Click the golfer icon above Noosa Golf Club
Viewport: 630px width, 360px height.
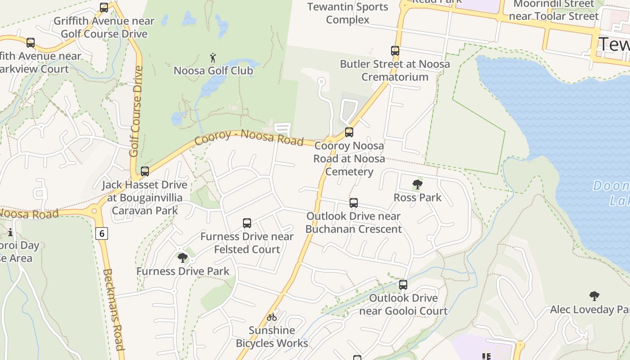pyautogui.click(x=213, y=58)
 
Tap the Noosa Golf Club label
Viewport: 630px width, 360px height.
pyautogui.click(x=213, y=71)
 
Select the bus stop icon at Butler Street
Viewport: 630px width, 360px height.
pyautogui.click(x=395, y=51)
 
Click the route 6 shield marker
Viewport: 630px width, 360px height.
pyautogui.click(x=102, y=234)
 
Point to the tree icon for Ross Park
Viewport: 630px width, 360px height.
pyautogui.click(x=418, y=184)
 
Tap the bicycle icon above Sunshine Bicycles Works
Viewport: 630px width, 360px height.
pyautogui.click(x=272, y=317)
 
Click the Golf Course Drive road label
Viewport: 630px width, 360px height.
pyautogui.click(x=135, y=112)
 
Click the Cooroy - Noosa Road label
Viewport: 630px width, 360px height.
pyautogui.click(x=249, y=137)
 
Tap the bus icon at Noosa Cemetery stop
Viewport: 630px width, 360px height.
pyautogui.click(x=349, y=132)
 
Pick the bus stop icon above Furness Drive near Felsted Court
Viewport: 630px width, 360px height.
pyautogui.click(x=247, y=223)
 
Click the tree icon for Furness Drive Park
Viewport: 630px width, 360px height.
pyautogui.click(x=183, y=258)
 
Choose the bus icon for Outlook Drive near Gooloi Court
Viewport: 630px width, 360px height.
pyautogui.click(x=403, y=285)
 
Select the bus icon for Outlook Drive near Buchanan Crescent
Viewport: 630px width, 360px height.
pyautogui.click(x=354, y=203)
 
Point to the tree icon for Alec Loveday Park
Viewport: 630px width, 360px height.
pyautogui.click(x=594, y=296)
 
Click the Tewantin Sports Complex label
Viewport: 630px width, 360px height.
pyautogui.click(x=347, y=13)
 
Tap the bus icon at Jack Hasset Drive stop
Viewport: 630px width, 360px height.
pyautogui.click(x=145, y=171)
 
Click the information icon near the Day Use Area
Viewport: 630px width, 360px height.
pyautogui.click(x=10, y=233)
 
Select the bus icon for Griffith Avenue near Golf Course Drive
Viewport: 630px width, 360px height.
pyautogui.click(x=104, y=8)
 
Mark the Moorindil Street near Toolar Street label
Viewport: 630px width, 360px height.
pyautogui.click(x=553, y=10)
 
